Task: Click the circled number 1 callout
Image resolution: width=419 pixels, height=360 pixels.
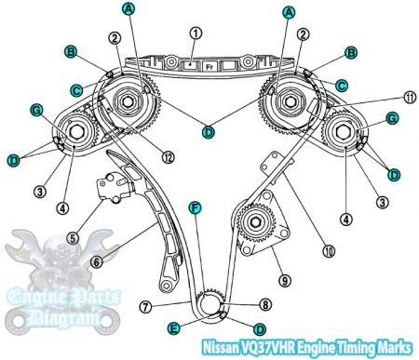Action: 195,32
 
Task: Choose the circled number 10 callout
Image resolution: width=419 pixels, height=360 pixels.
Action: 300,249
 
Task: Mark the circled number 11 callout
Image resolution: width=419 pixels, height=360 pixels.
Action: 385,97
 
